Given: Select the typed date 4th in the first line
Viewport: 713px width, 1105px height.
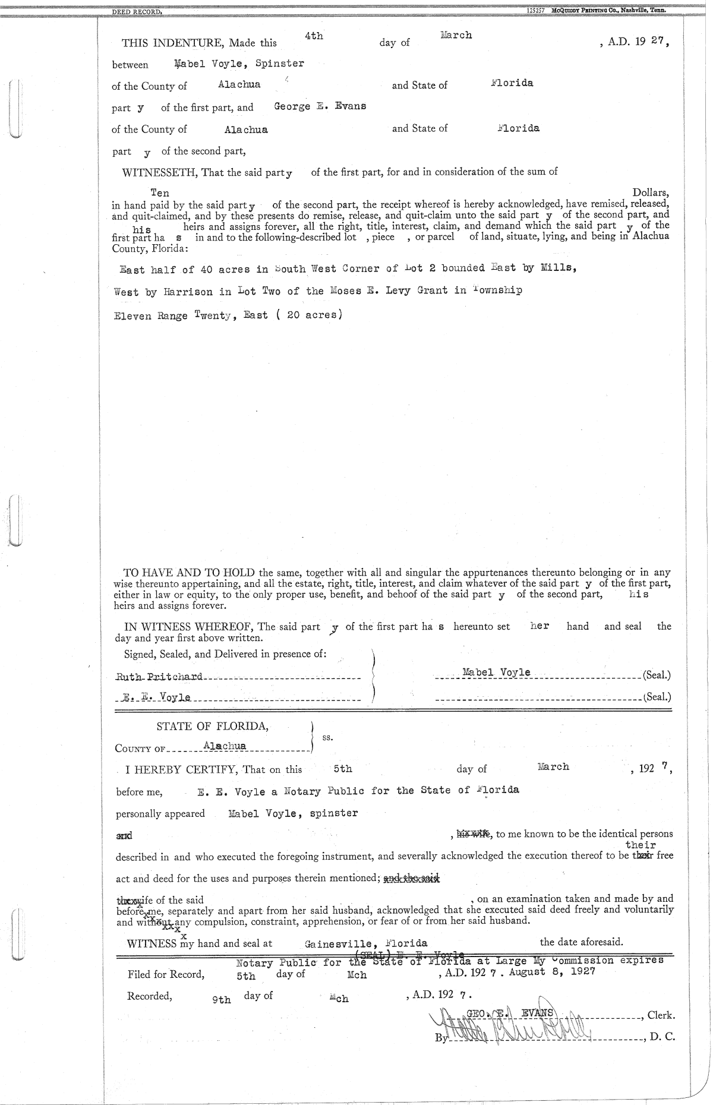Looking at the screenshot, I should [314, 36].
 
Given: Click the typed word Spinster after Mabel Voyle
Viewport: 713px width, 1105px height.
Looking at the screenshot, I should [280, 64].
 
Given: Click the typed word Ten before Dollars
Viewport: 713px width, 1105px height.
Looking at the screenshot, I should [160, 193].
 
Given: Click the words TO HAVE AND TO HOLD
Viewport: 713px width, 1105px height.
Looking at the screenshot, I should [190, 573].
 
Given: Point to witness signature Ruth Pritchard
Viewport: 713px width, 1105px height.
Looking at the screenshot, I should [159, 677].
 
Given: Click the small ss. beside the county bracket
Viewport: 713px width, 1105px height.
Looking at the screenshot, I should [327, 737].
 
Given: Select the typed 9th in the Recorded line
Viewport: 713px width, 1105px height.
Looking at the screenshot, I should [222, 1000].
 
